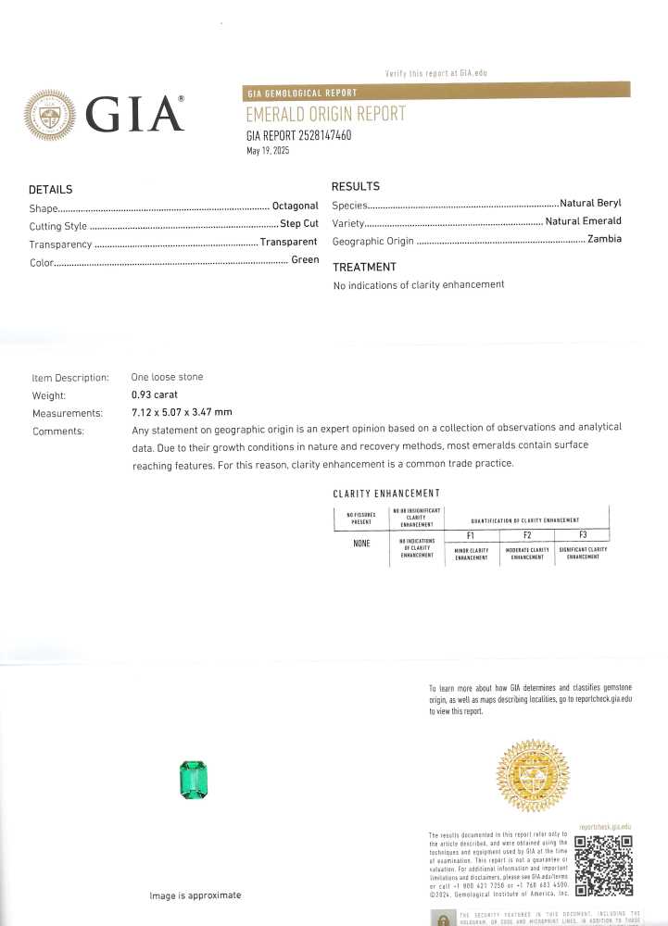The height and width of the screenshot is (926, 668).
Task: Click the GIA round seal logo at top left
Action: click(51, 116)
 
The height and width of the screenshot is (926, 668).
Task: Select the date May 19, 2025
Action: click(268, 151)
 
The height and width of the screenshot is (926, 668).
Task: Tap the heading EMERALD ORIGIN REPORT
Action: click(325, 115)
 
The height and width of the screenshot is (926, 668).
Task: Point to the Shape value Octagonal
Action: click(295, 206)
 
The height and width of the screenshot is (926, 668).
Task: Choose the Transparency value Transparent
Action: click(288, 243)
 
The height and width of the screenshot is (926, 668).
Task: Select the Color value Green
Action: click(305, 260)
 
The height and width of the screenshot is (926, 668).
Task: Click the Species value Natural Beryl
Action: click(590, 203)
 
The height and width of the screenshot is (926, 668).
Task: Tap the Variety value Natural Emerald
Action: click(583, 221)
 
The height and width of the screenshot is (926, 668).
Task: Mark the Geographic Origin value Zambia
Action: click(604, 240)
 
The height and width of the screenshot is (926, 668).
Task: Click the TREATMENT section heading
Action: click(364, 267)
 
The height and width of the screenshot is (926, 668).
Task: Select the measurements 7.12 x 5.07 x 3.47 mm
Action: click(182, 412)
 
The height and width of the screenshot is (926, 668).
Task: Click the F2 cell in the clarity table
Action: click(526, 535)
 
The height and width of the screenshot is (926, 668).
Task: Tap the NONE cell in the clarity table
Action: click(361, 543)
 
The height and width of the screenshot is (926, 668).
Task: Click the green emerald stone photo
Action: click(193, 779)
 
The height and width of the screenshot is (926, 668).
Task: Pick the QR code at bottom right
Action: click(603, 866)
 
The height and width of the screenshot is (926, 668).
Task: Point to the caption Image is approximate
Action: click(195, 895)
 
